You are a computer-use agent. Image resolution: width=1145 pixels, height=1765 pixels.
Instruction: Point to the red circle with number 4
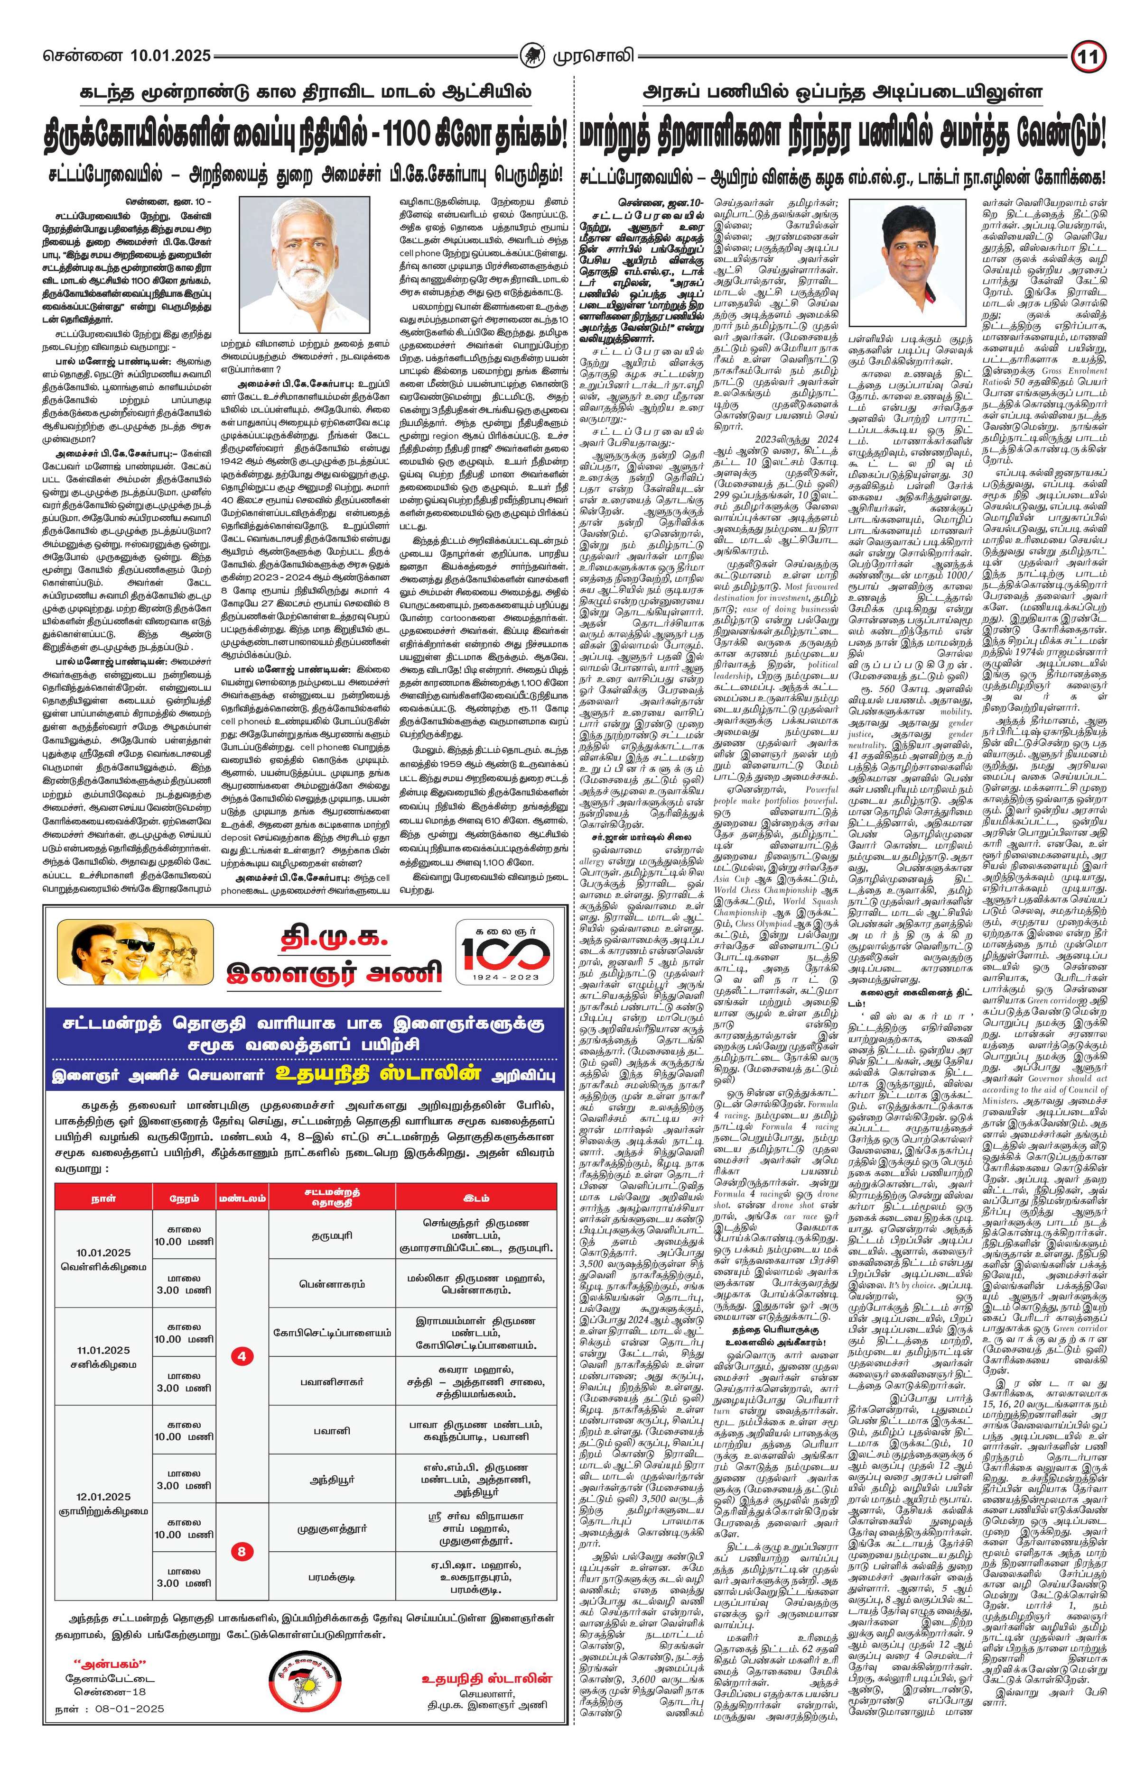(x=242, y=1377)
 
